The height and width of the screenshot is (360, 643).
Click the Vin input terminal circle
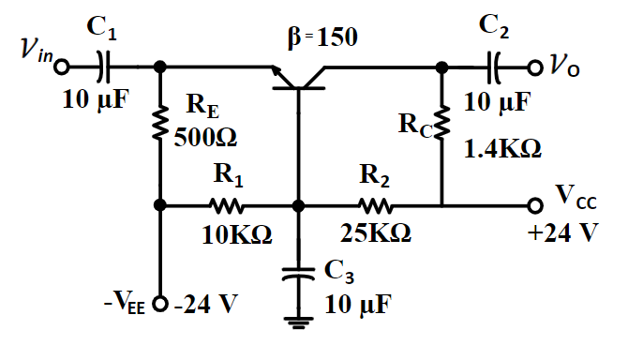63,67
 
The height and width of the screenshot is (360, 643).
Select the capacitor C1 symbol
104,67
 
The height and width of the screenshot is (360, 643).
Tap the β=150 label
323,38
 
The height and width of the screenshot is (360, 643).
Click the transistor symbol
298,81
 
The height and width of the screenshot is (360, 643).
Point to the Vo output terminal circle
534,67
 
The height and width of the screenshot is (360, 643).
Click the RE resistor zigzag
160,121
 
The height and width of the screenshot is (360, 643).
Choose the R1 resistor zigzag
227,205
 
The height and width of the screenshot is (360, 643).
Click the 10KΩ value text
237,234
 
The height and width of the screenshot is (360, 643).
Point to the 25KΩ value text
373,234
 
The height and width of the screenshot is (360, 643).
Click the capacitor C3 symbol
298,273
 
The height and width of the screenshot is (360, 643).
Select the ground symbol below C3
298,324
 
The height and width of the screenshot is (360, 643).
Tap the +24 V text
562,232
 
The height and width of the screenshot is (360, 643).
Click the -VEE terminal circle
160,306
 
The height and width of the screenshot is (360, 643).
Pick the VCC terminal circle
535,205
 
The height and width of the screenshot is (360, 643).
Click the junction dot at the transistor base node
298,205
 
